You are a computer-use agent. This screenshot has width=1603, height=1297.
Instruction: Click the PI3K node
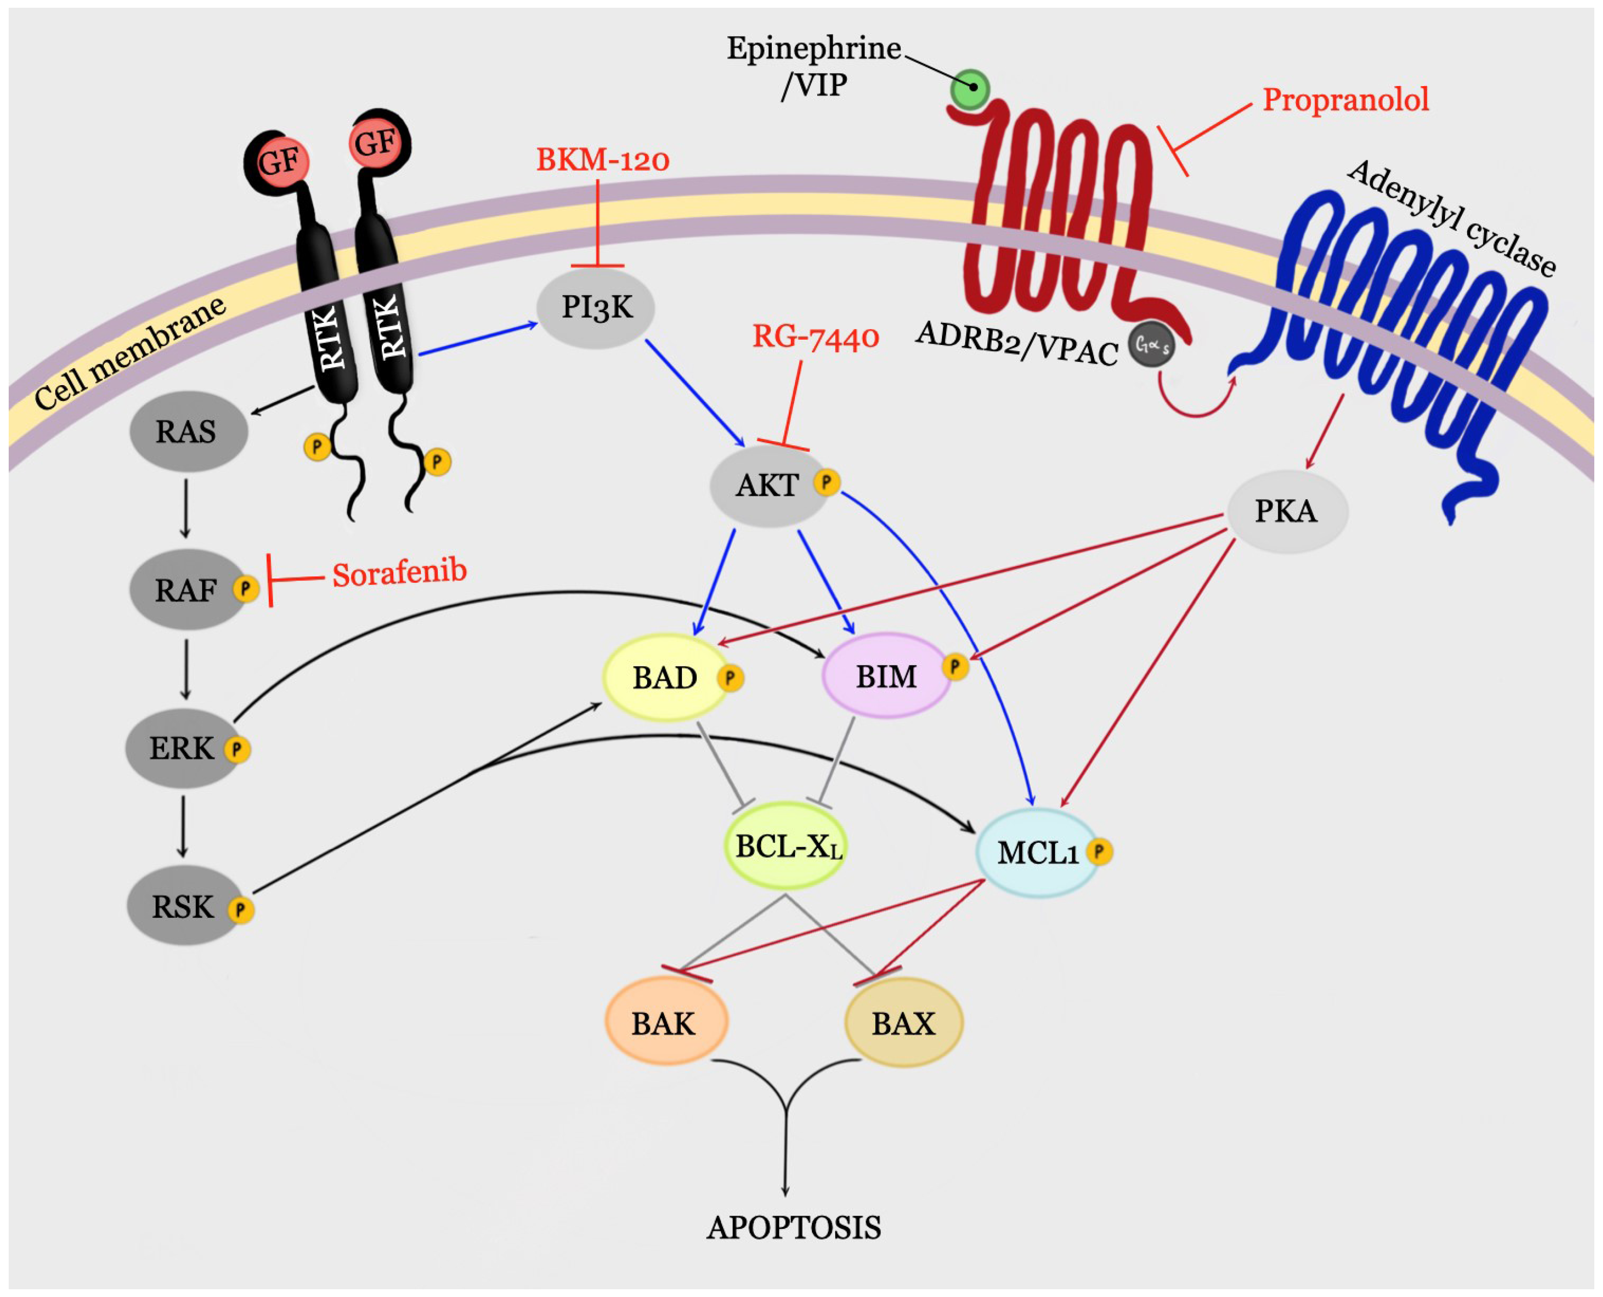click(596, 308)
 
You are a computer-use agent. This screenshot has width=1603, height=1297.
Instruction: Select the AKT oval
click(769, 486)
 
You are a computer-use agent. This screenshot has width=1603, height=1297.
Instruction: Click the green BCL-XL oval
click(787, 845)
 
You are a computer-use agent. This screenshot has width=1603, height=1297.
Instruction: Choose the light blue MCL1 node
click(1038, 852)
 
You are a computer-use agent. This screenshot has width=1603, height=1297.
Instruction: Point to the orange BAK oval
click(665, 1022)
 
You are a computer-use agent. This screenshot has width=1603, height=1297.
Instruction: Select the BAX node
click(903, 1022)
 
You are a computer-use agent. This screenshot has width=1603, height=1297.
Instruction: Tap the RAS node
click(188, 431)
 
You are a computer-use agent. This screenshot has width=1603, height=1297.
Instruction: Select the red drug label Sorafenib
click(400, 573)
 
